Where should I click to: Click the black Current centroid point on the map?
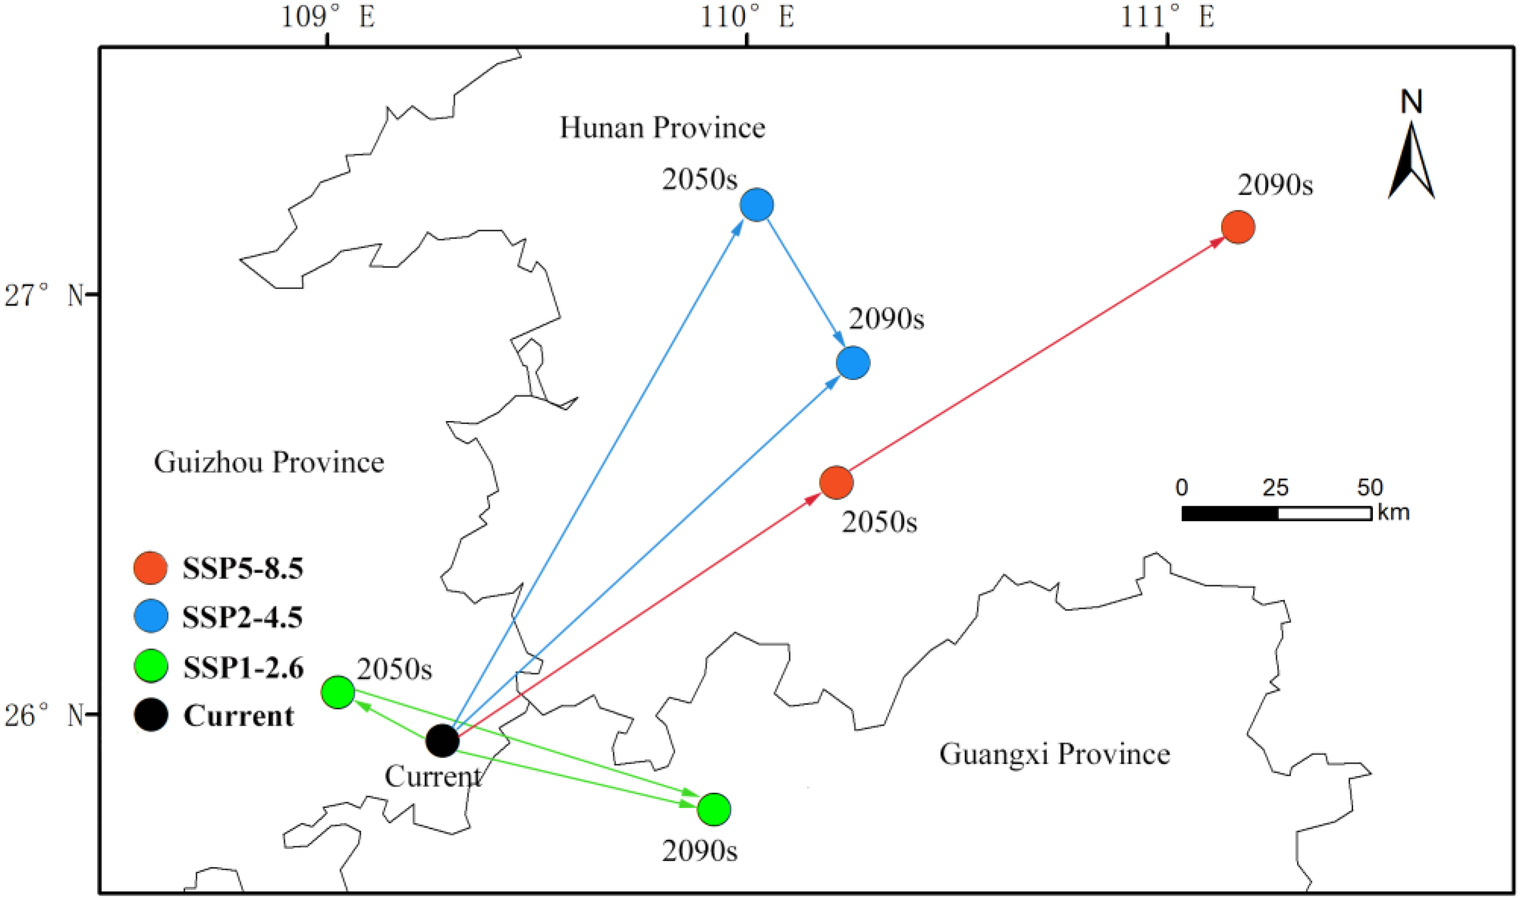[x=442, y=740]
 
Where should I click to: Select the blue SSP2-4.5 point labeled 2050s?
[x=756, y=205]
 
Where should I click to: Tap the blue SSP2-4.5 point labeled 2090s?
[x=853, y=363]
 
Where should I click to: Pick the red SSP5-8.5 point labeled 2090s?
[x=1238, y=227]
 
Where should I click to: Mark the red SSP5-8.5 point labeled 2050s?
[x=836, y=483]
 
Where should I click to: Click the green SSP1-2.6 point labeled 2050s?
[x=338, y=692]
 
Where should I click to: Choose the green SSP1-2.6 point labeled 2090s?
[x=714, y=809]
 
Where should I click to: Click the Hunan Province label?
[x=662, y=128]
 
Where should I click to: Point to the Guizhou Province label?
[x=268, y=462]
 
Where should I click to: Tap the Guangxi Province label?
[x=1054, y=754]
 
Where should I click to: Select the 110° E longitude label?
[x=747, y=17]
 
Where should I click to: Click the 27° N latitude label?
[x=43, y=296]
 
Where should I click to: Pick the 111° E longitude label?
[x=1167, y=17]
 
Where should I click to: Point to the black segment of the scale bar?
[x=1230, y=514]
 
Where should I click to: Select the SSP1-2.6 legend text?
[x=243, y=668]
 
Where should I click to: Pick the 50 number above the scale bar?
[x=1369, y=487]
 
